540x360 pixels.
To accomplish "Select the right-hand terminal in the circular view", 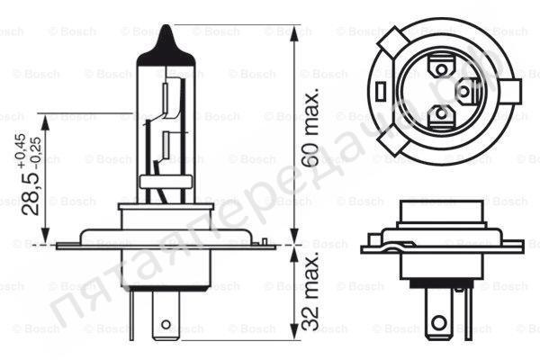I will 466,89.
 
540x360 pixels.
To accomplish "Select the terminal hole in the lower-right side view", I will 438,321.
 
